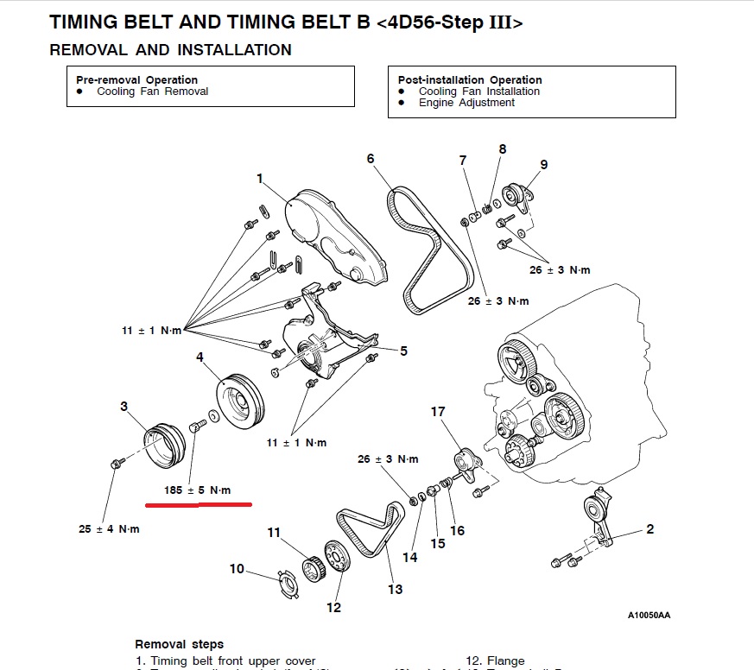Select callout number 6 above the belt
coord(371,158)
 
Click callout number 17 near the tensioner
coord(438,412)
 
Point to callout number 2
coord(649,529)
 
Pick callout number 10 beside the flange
coord(237,568)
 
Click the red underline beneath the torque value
coord(198,503)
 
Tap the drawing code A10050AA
coord(649,616)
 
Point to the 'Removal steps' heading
coord(179,644)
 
